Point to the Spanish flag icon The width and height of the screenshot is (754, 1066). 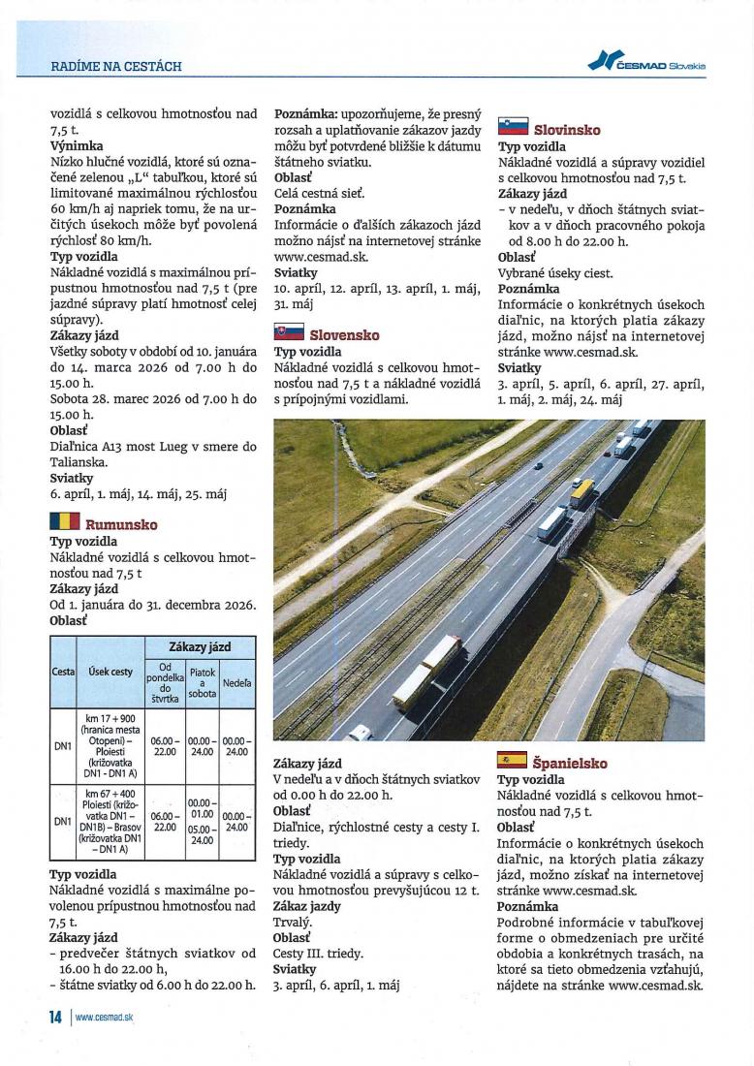tap(512, 762)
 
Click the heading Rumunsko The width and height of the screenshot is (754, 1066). tap(121, 525)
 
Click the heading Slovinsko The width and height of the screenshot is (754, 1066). tap(567, 130)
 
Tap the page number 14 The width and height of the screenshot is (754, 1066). tap(56, 1018)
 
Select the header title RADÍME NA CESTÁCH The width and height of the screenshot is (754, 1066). tap(116, 67)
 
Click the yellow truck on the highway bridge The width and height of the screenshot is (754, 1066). tap(581, 492)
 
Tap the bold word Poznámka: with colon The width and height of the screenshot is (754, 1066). tap(308, 113)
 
